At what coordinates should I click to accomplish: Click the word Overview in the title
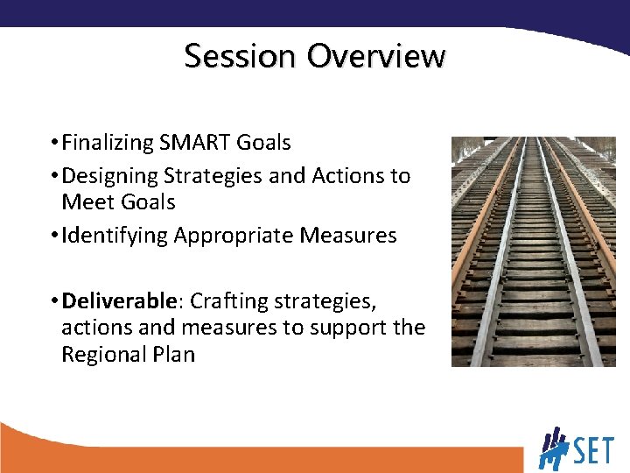376,56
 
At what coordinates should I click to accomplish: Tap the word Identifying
114,236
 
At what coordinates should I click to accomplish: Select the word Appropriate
234,236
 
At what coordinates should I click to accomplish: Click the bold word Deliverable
122,301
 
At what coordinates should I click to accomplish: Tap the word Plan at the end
173,355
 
